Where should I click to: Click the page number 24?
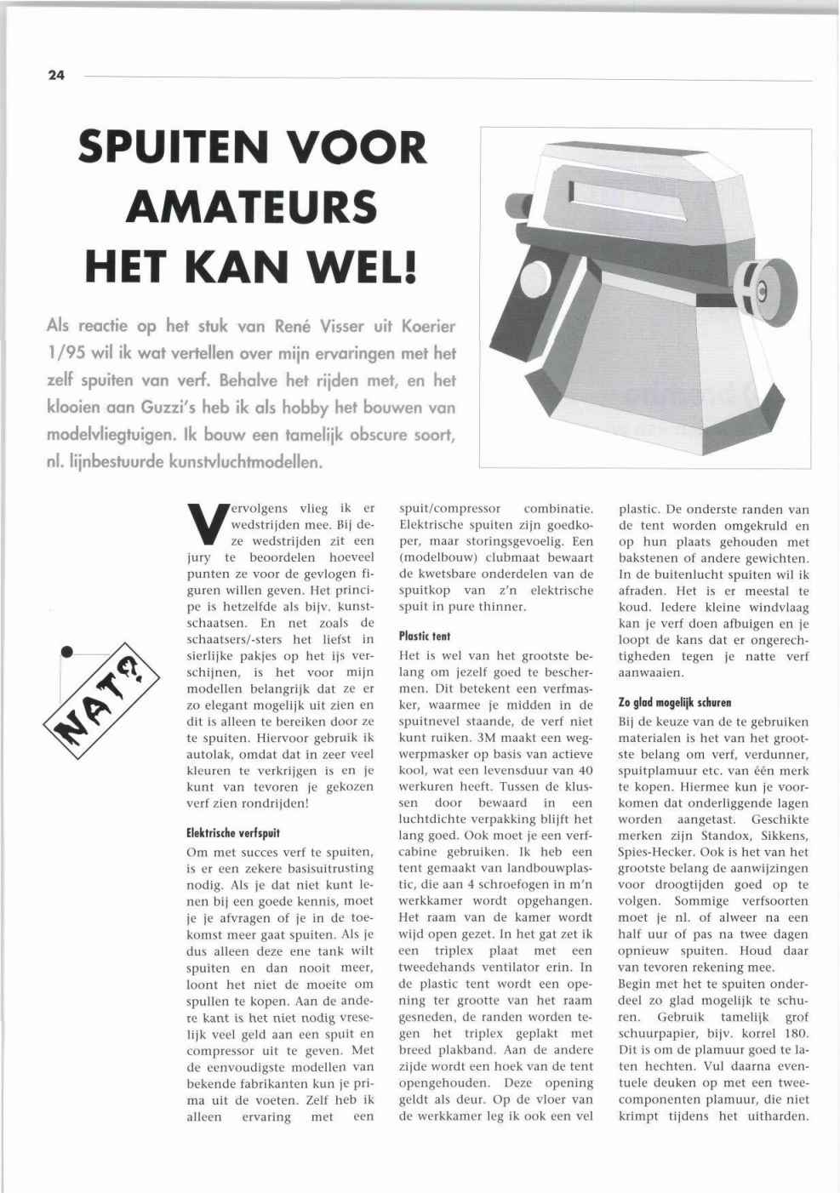pos(56,75)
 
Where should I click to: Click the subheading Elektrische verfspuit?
pos(233,833)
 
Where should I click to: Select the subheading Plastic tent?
pos(425,636)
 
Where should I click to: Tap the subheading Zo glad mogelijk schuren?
pos(675,702)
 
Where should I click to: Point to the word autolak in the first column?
pos(210,754)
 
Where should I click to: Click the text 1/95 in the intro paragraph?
pos(66,353)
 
